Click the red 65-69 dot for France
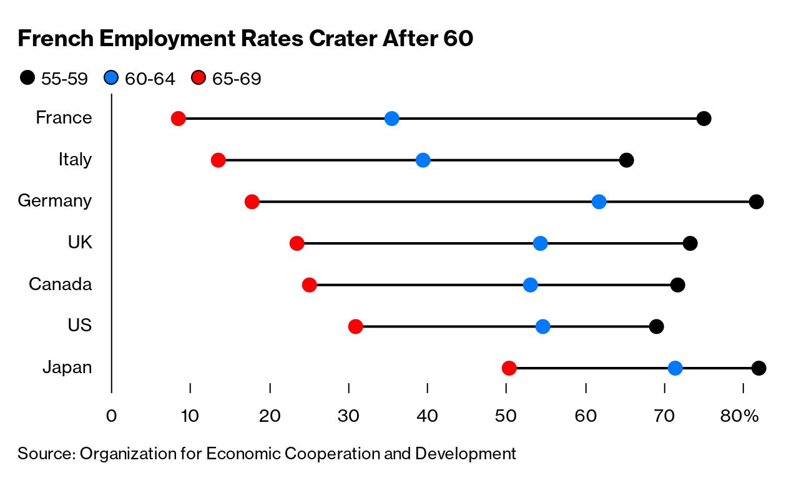pos(179,119)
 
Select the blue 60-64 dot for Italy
pos(423,160)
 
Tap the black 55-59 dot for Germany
pos(756,202)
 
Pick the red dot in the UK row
pos(297,243)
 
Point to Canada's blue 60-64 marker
pos(531,285)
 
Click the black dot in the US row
pos(656,326)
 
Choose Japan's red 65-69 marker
pos(509,368)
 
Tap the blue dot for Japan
pos(675,368)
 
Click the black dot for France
pos(704,119)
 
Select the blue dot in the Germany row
pos(599,202)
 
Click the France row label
pos(64,118)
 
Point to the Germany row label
pos(55,201)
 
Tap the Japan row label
pos(67,368)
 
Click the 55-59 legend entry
pos(54,79)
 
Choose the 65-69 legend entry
pos(225,79)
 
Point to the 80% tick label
pos(739,416)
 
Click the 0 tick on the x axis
pos(111,416)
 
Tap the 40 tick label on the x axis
pos(427,416)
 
